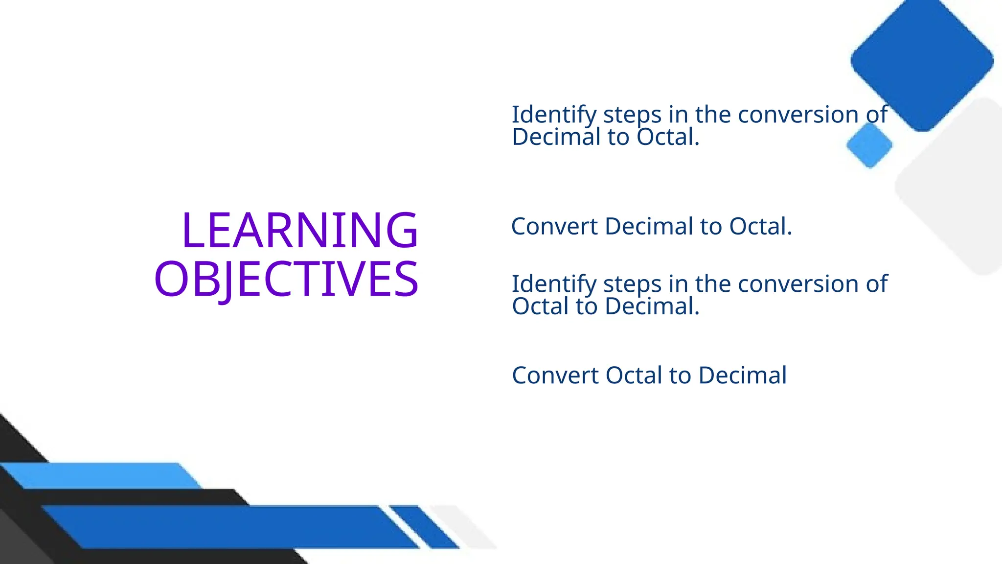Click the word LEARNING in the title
coord(299,230)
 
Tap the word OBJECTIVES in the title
coord(286,279)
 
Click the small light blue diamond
coord(869,145)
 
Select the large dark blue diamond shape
coord(922,61)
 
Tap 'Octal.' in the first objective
coord(668,137)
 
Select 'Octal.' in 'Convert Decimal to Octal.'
coord(760,227)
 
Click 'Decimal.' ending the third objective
coord(652,306)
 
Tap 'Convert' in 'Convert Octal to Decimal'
coord(555,376)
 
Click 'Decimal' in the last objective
coord(742,376)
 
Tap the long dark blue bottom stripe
coord(230,527)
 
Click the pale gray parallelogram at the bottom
coord(465,527)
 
